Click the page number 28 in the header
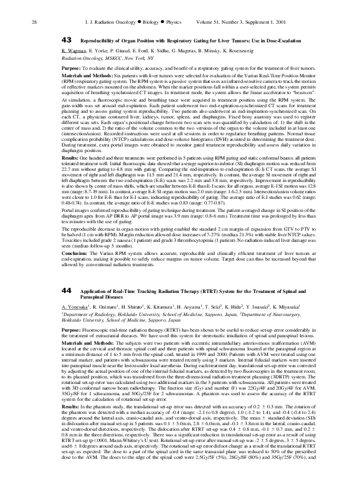click(33, 6)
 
